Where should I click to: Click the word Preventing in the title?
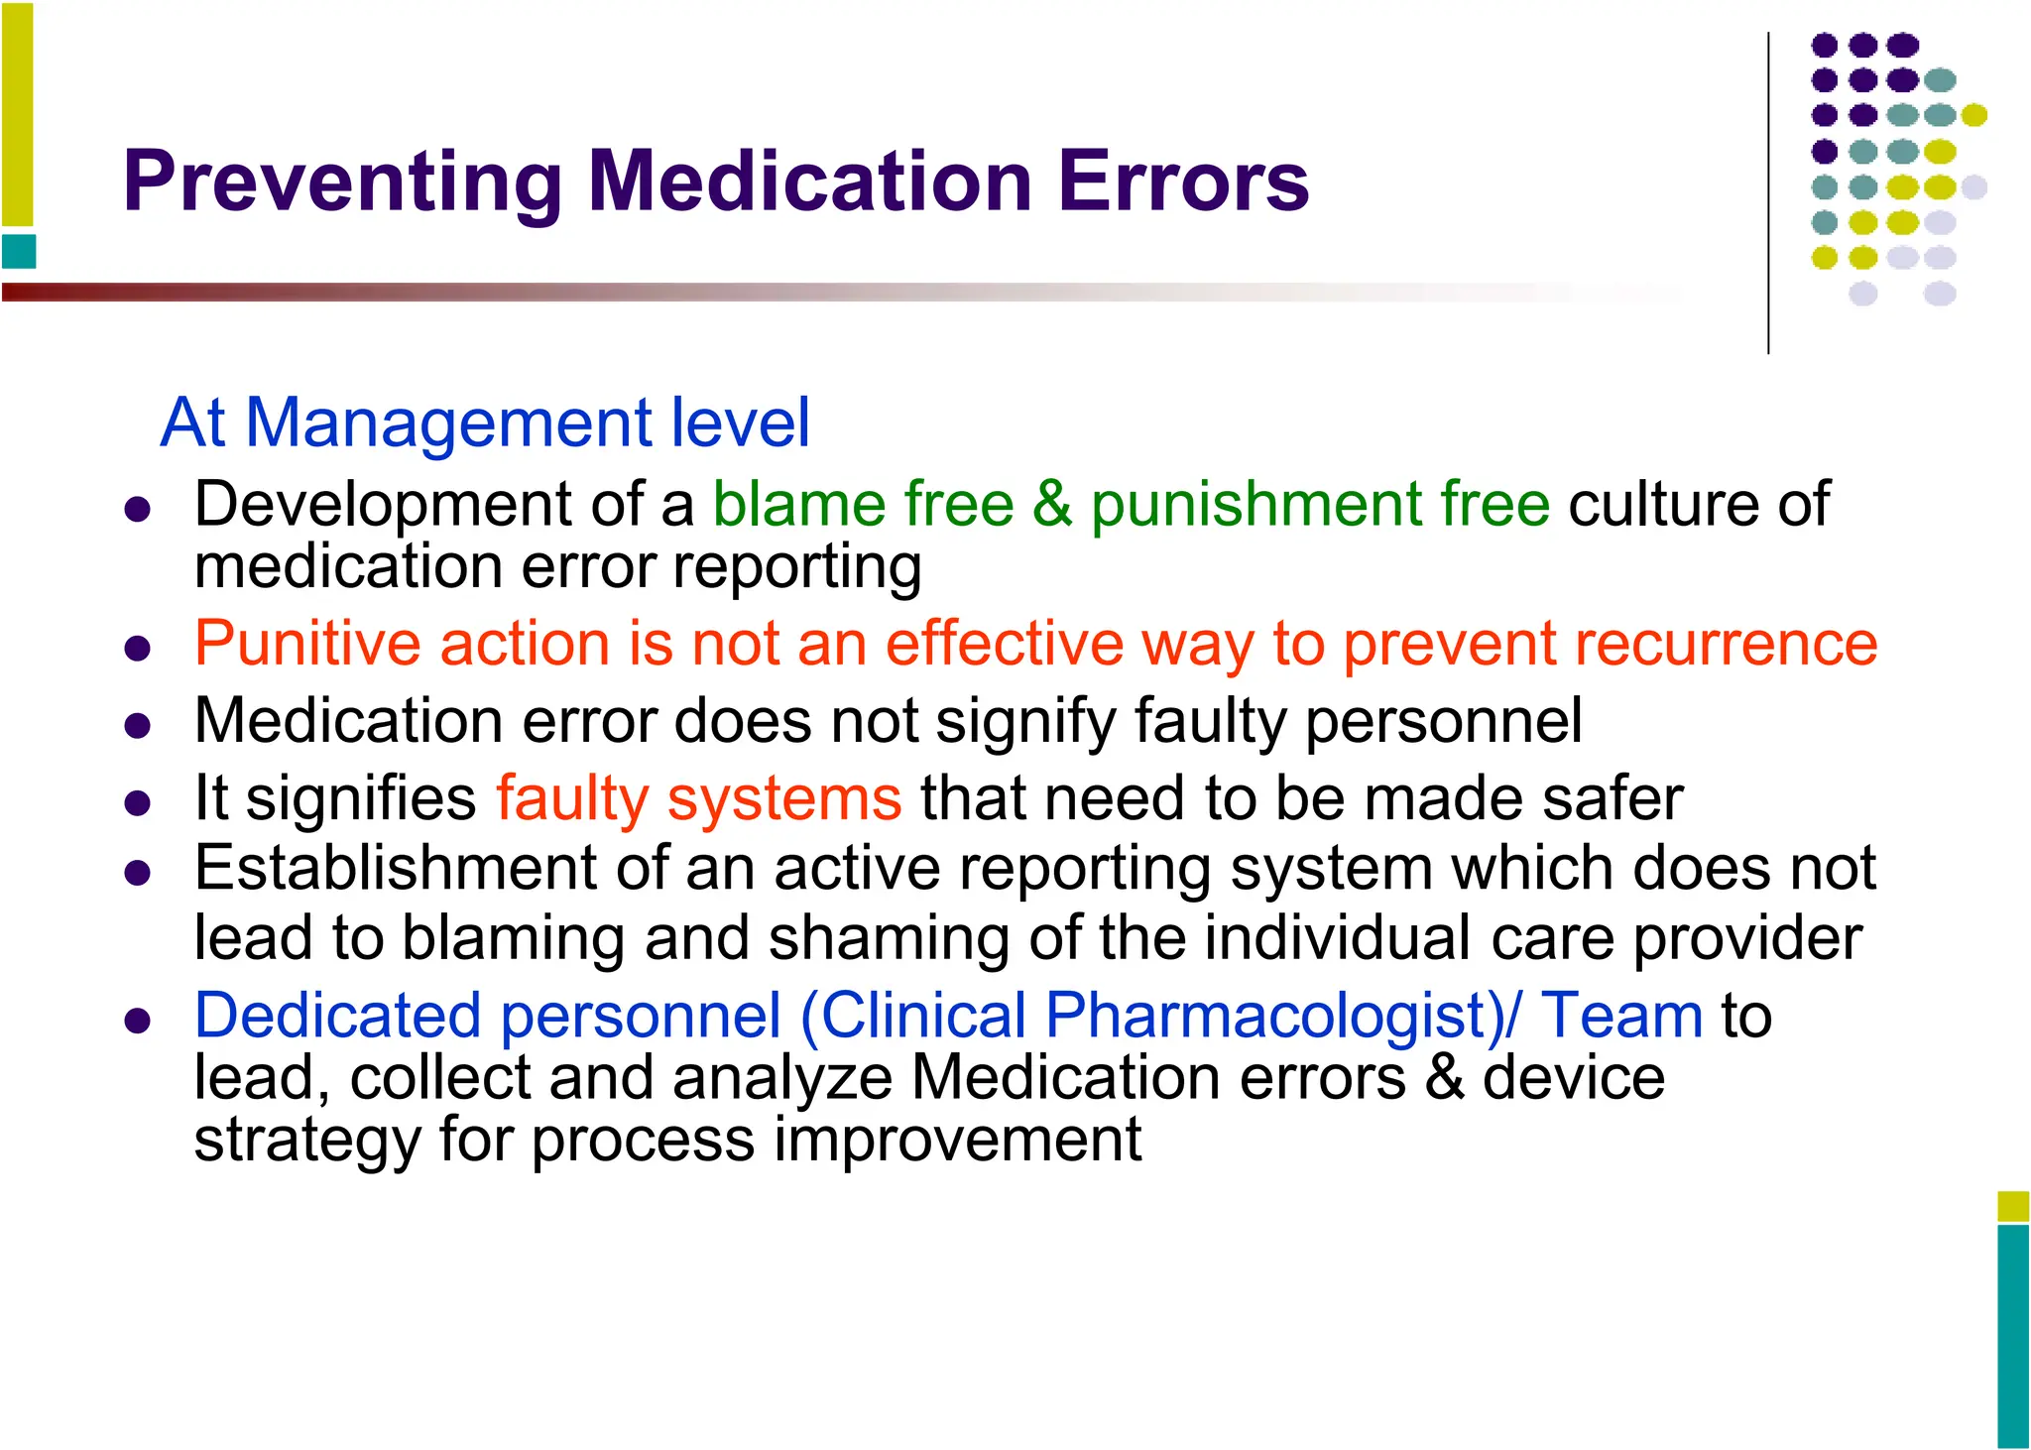click(342, 182)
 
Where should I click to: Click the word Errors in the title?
click(1183, 182)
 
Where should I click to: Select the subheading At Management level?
click(485, 423)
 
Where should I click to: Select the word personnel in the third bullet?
click(1443, 722)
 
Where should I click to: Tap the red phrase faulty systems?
click(699, 799)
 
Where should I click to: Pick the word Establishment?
click(395, 870)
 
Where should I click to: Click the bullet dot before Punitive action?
click(138, 650)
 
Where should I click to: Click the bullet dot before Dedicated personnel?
click(138, 1022)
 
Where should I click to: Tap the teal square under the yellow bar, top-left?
click(19, 252)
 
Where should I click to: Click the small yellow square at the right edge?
click(2013, 1206)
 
